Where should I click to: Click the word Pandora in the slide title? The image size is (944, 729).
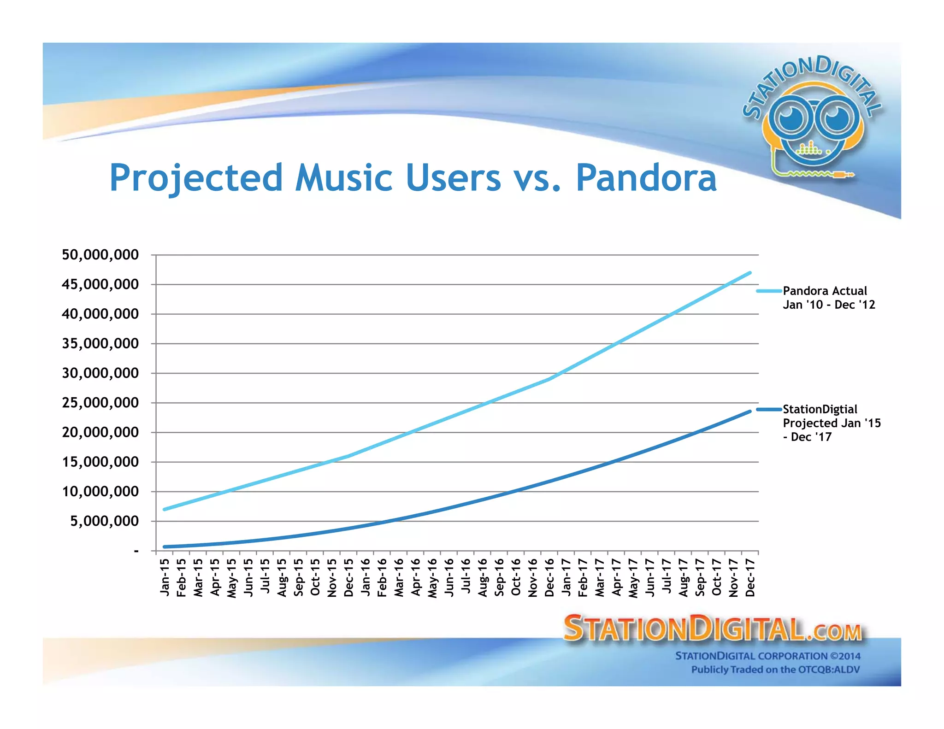(x=646, y=178)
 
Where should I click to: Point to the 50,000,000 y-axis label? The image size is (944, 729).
(x=100, y=255)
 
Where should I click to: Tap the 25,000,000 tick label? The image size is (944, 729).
(x=100, y=403)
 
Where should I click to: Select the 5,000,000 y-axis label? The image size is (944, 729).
(x=104, y=521)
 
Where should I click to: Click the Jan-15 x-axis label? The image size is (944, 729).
(x=165, y=577)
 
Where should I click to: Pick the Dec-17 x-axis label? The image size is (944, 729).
(x=750, y=577)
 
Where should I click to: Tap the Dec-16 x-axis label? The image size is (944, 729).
(x=549, y=577)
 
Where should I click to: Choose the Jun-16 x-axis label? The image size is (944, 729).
(x=449, y=577)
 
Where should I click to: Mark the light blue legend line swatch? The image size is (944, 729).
(x=769, y=291)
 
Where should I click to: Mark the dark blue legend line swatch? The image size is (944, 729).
(x=769, y=409)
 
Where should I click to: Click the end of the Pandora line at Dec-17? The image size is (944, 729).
(x=750, y=273)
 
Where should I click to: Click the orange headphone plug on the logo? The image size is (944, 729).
(x=844, y=175)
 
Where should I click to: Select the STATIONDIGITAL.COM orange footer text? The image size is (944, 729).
(x=712, y=629)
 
